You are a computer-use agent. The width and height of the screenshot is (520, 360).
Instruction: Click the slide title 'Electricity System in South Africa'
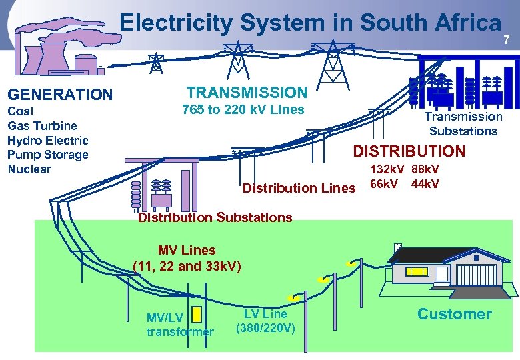[x=310, y=23]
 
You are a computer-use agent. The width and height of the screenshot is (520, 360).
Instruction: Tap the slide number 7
[x=507, y=41]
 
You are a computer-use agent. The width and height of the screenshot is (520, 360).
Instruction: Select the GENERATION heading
[x=60, y=95]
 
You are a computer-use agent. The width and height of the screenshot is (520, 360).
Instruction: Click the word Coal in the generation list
[x=20, y=111]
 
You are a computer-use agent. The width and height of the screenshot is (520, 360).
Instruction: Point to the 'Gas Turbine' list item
[x=42, y=125]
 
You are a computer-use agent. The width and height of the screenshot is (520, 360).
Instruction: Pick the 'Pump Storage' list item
[x=47, y=155]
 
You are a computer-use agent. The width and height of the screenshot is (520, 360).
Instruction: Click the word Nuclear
[x=29, y=169]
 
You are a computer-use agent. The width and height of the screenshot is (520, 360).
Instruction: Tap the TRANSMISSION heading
[x=247, y=93]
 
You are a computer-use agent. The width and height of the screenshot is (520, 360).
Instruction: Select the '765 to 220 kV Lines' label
[x=243, y=110]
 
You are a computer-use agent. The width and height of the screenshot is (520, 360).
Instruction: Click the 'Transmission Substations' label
[x=463, y=124]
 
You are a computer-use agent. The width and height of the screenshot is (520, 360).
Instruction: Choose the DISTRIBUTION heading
[x=409, y=151]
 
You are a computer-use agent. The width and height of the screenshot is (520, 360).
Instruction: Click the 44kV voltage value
[x=425, y=183]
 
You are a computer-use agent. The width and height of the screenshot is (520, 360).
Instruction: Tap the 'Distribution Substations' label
[x=215, y=217]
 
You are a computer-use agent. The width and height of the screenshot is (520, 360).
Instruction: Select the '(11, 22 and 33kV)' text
[x=187, y=266]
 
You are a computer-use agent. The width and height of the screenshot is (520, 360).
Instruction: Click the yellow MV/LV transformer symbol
[x=196, y=313]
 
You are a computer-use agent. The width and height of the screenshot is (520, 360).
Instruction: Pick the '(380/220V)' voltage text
[x=265, y=328]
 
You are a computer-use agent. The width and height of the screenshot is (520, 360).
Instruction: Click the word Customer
[x=454, y=314]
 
